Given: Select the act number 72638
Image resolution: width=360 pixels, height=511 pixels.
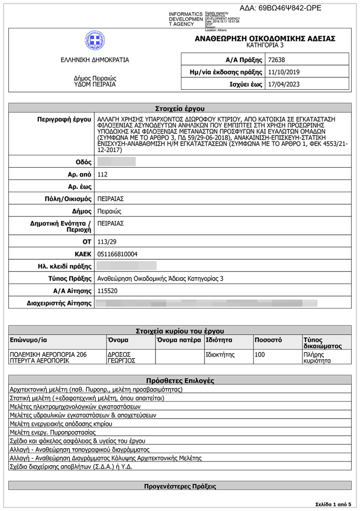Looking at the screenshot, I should pyautogui.click(x=276, y=60).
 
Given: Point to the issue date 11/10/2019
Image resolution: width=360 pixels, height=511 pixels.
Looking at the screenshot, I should pyautogui.click(x=283, y=72).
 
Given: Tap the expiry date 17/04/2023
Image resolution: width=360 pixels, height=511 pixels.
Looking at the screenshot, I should pyautogui.click(x=283, y=85).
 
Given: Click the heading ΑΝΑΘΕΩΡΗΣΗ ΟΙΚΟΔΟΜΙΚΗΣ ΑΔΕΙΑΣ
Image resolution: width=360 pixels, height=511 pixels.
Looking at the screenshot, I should pyautogui.click(x=265, y=38).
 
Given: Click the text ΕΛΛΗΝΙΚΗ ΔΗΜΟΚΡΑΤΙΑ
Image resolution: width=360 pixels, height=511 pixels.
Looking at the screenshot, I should pyautogui.click(x=95, y=60).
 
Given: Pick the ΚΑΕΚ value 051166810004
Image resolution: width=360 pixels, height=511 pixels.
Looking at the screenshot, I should pyautogui.click(x=117, y=254).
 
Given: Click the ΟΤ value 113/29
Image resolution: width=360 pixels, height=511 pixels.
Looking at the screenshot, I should pyautogui.click(x=107, y=242).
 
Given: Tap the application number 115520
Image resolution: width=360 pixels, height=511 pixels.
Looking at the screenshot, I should pyautogui.click(x=108, y=291).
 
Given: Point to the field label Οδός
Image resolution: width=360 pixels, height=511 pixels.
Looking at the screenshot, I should pyautogui.click(x=83, y=162).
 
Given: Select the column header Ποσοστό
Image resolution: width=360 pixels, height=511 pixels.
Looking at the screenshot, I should pyautogui.click(x=268, y=340).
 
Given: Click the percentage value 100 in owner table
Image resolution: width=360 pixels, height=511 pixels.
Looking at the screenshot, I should pyautogui.click(x=259, y=355).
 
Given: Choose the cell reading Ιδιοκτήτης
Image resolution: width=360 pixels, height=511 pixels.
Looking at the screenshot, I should pyautogui.click(x=220, y=355).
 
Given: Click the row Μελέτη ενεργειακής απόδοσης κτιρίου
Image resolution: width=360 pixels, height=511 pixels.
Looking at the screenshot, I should pyautogui.click(x=61, y=424).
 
